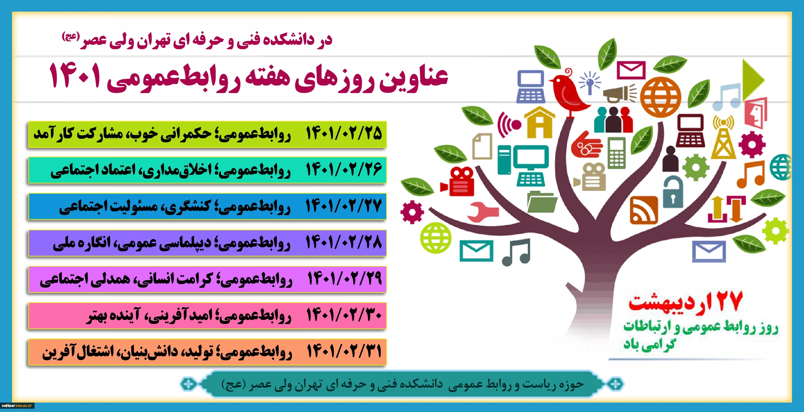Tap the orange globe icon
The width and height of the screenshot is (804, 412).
[661, 97]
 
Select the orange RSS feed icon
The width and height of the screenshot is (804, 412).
[644, 210]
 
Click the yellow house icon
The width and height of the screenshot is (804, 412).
[540, 122]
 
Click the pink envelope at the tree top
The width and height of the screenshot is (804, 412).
[631, 70]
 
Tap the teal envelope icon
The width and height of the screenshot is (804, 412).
[476, 251]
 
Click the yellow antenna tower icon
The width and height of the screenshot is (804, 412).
[723, 138]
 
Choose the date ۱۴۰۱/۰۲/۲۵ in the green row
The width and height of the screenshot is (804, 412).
[344, 133]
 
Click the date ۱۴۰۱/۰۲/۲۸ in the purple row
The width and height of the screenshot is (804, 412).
[344, 242]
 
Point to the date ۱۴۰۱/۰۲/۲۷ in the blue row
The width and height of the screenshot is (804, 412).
[344, 206]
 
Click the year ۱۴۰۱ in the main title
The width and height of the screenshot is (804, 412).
[75, 75]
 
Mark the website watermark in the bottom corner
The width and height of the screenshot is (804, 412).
[17, 405]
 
